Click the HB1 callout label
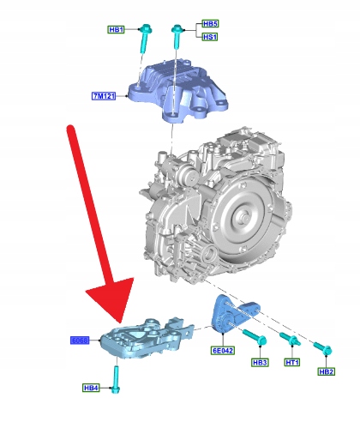click(x=117, y=29)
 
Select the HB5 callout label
click(x=210, y=23)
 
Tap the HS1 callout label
click(x=210, y=37)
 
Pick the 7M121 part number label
click(x=104, y=96)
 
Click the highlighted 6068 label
click(x=80, y=341)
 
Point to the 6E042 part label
click(x=223, y=351)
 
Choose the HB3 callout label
click(x=260, y=363)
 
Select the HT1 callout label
click(x=292, y=363)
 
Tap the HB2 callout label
click(x=327, y=371)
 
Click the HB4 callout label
click(x=91, y=388)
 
